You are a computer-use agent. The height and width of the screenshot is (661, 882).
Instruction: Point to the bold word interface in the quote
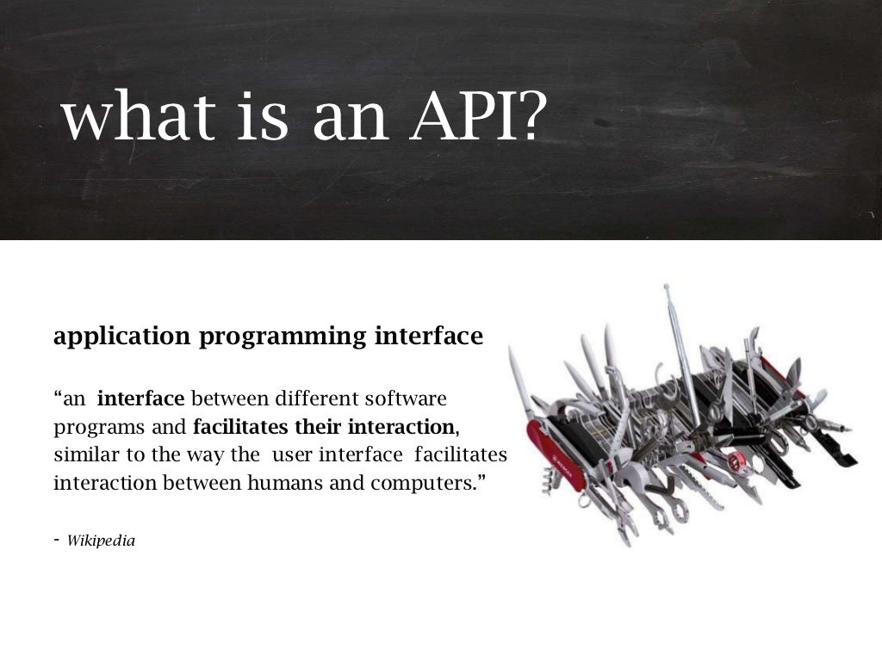click(141, 399)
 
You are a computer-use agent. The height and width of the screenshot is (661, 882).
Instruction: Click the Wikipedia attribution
click(101, 541)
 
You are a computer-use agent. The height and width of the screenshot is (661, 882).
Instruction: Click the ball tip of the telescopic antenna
click(665, 287)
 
